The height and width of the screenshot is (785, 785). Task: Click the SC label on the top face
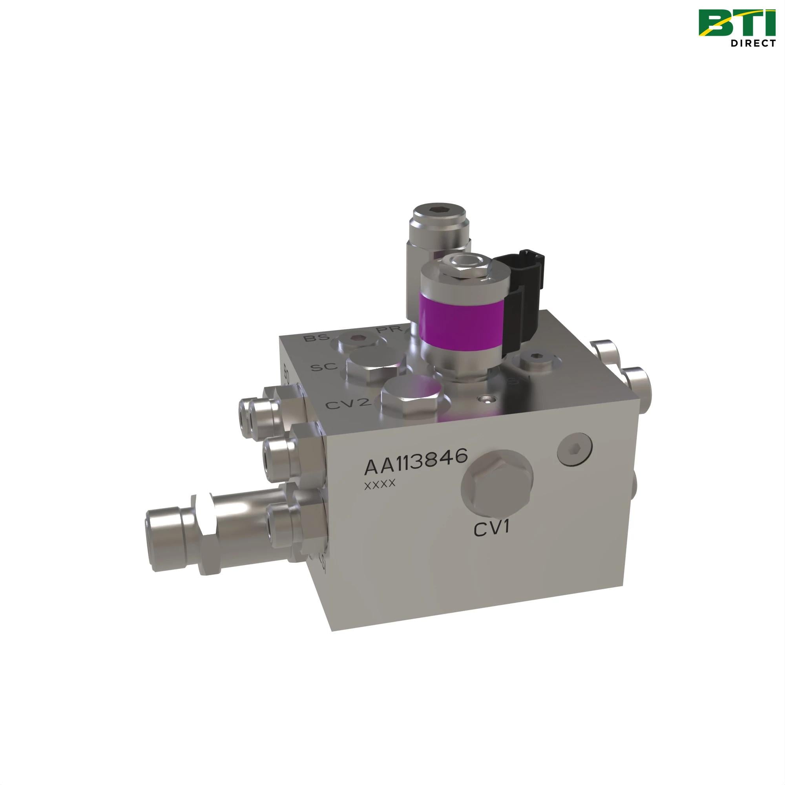(x=324, y=367)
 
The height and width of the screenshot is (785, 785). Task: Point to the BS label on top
(x=316, y=337)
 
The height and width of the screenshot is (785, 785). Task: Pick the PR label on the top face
(x=389, y=330)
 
